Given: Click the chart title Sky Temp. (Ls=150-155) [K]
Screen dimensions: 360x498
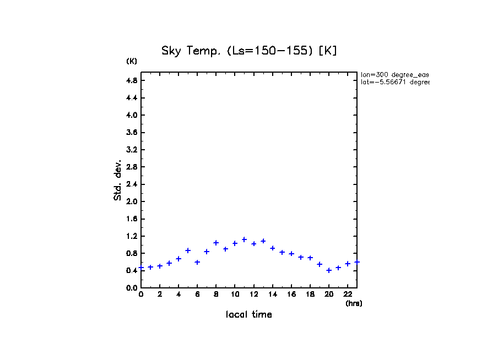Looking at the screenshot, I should click(x=249, y=51).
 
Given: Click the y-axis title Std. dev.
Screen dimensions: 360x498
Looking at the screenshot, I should click(x=118, y=180).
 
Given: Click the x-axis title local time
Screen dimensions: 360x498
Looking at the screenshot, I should click(x=249, y=315).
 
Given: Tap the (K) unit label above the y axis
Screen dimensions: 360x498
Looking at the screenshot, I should click(x=132, y=61).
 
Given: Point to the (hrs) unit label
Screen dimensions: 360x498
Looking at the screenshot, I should click(x=354, y=303).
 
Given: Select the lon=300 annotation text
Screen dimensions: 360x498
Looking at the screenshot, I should click(x=394, y=74).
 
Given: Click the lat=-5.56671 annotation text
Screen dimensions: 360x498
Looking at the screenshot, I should click(x=394, y=82).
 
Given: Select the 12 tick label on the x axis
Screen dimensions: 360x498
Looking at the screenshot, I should click(x=253, y=294).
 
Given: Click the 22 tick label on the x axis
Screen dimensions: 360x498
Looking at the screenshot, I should click(x=348, y=294).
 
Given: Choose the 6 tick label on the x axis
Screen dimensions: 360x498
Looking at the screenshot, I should click(x=197, y=294).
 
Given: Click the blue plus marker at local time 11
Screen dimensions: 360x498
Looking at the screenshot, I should click(x=244, y=239).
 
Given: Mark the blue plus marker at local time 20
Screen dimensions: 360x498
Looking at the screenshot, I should click(x=329, y=270).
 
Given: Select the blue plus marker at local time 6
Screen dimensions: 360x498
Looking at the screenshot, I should click(x=197, y=262).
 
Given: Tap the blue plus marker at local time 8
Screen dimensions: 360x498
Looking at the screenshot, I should click(x=216, y=243).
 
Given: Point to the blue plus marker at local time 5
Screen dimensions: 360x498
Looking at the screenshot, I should click(x=188, y=250).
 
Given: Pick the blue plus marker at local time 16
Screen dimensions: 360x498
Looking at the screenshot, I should click(x=291, y=254).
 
